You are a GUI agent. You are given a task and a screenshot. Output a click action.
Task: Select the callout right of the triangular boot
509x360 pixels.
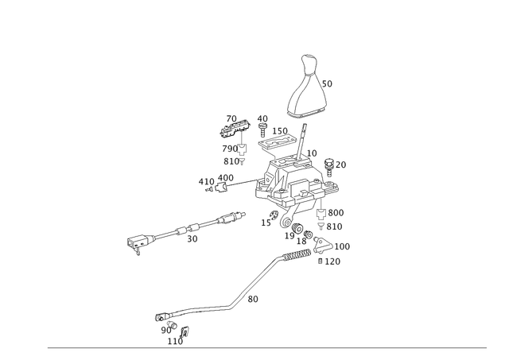pyautogui.click(x=330, y=82)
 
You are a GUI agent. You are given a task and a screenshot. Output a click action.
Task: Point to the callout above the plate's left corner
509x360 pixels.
pyautogui.click(x=262, y=120)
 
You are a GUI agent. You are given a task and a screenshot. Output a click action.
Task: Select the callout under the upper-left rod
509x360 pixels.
pyautogui.click(x=191, y=238)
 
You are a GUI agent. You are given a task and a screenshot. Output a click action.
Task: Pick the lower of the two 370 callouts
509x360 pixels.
pyautogui.click(x=336, y=226)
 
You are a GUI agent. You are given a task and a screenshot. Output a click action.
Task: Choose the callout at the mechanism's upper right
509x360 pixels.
pyautogui.click(x=342, y=164)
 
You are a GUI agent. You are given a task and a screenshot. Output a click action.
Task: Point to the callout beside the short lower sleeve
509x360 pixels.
pyautogui.click(x=253, y=299)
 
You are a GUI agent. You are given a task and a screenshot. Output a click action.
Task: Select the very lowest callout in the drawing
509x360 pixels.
pyautogui.click(x=179, y=342)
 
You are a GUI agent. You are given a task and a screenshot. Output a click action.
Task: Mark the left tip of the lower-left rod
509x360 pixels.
pyautogui.click(x=156, y=315)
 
